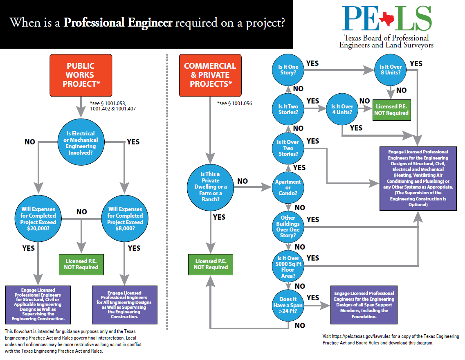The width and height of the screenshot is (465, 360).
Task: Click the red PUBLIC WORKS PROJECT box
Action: coord(80,75)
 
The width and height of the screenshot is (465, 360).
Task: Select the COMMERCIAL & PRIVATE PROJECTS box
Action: coord(210,75)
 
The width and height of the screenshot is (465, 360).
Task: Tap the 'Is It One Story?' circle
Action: coord(288,70)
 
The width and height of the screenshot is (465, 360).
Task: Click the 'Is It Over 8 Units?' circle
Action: coord(391,70)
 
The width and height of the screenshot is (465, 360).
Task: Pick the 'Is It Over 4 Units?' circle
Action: coord(341,109)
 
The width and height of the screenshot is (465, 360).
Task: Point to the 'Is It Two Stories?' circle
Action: coord(288,109)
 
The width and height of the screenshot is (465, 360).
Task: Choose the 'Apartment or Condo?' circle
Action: coord(288,187)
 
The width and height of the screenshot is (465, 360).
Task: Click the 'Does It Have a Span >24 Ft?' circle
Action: coord(288,305)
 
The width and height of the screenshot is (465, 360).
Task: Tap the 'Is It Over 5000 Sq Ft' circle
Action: coord(288,266)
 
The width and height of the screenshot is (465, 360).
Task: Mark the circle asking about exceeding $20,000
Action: coord(38,219)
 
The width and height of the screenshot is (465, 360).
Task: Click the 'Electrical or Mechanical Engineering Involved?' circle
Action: coord(81,143)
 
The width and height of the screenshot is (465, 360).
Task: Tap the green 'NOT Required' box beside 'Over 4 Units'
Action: coord(391,109)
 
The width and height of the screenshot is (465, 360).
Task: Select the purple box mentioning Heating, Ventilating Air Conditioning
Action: coord(418,178)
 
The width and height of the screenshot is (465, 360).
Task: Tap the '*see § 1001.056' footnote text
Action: coord(234,103)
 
